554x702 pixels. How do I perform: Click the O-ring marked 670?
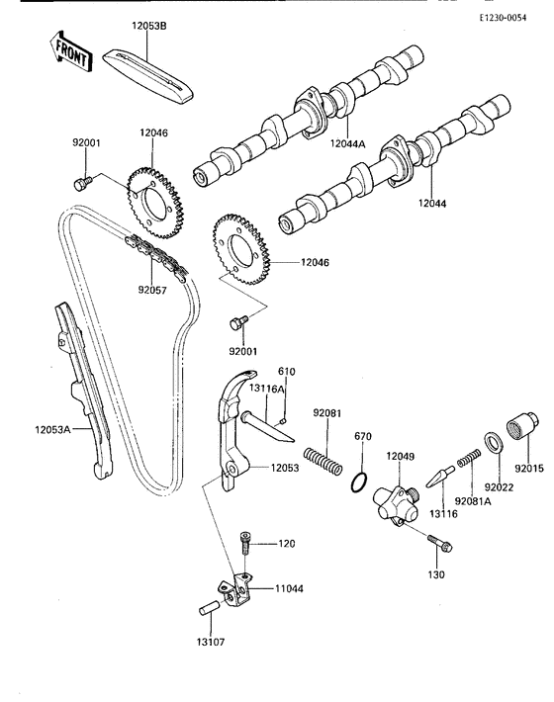click(362, 483)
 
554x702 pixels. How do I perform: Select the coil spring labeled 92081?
click(323, 461)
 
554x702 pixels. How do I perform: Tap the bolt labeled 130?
click(438, 542)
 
